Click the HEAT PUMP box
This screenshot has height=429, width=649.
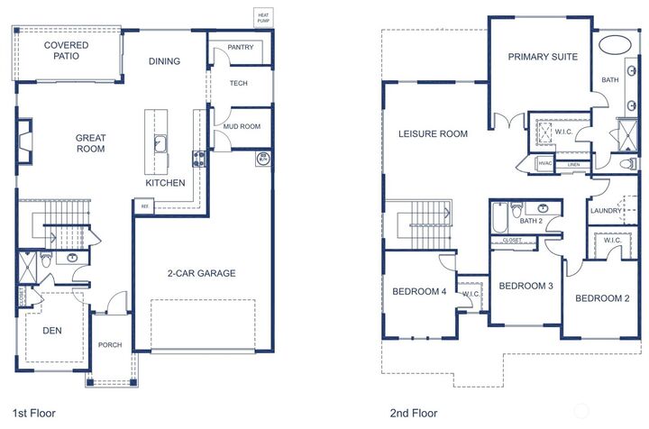[262, 17]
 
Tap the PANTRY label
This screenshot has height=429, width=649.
[240, 48]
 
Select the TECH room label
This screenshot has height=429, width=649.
[239, 84]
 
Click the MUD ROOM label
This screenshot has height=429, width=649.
[242, 127]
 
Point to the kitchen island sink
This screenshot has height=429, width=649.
[160, 142]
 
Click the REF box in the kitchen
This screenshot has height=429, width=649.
[143, 206]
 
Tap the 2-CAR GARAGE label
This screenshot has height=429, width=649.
[201, 273]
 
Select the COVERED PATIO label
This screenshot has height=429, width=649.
[66, 50]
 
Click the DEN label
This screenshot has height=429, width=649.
[52, 331]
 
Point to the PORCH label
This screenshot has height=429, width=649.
[110, 345]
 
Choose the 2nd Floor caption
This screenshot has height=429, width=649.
[413, 413]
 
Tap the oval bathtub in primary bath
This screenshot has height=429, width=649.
[616, 43]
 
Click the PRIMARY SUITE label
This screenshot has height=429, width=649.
[543, 57]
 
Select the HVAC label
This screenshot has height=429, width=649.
[544, 163]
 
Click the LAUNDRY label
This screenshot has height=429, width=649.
[605, 211]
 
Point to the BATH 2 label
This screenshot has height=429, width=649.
[531, 221]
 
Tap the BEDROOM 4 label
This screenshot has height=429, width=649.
[419, 291]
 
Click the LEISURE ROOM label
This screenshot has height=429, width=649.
[434, 134]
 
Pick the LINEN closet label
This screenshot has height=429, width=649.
[573, 166]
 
